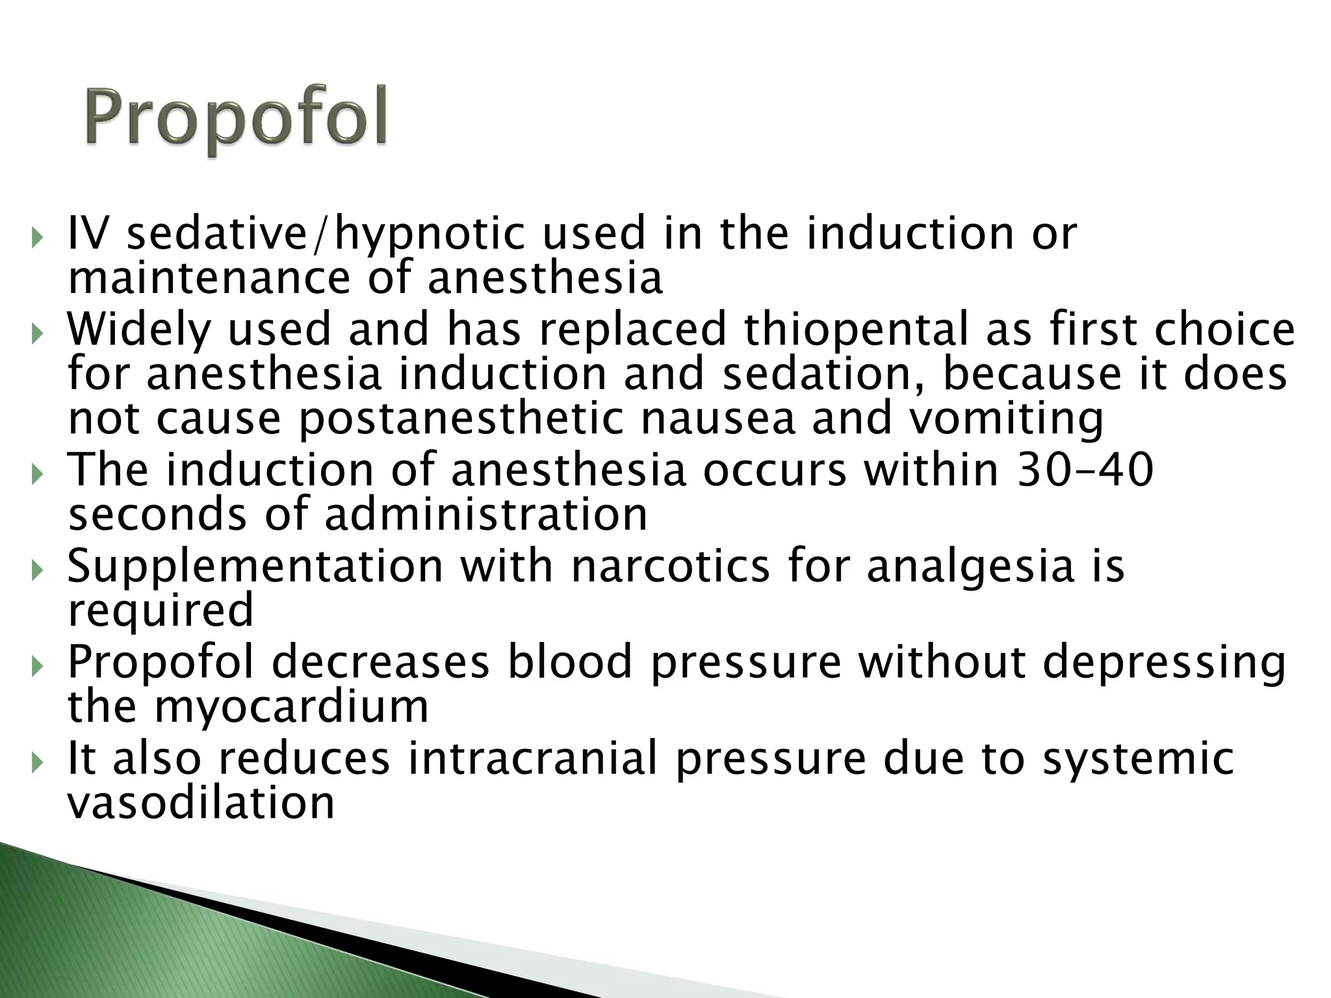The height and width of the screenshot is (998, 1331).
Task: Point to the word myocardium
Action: pos(291,706)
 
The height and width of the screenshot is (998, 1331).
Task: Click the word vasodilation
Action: pos(201,802)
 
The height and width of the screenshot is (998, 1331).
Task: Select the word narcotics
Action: pos(670,566)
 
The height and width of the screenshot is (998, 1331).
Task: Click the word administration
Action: pos(485,515)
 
